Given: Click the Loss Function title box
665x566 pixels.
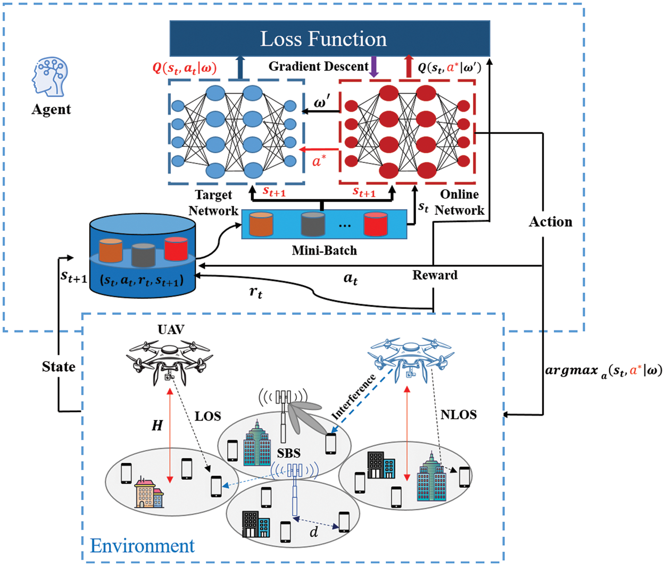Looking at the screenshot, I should point(329,38).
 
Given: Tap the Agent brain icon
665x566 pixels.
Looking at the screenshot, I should point(49,78).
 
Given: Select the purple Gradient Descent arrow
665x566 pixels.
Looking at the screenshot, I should point(374,66).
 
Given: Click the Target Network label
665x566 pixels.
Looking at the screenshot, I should point(213,203).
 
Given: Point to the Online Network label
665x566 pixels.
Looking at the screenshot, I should point(460,202).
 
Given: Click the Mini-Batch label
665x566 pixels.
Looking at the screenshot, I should point(324,250).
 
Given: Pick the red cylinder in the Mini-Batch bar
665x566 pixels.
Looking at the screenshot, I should point(376,224).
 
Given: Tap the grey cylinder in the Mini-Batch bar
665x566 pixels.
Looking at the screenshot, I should point(313,224).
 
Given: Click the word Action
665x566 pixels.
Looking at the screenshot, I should point(551,222).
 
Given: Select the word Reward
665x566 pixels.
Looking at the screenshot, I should point(435,275).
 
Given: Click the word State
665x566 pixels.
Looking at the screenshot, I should point(59,367).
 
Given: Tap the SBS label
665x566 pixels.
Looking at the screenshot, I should point(288,453).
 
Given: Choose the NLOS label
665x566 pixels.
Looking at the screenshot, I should point(459,414).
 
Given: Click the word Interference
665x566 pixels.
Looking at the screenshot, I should point(353,396).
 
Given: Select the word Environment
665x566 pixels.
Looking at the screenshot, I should point(143,545).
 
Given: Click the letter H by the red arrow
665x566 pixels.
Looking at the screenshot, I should point(157,425).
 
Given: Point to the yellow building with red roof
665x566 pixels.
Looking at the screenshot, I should point(149,493).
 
